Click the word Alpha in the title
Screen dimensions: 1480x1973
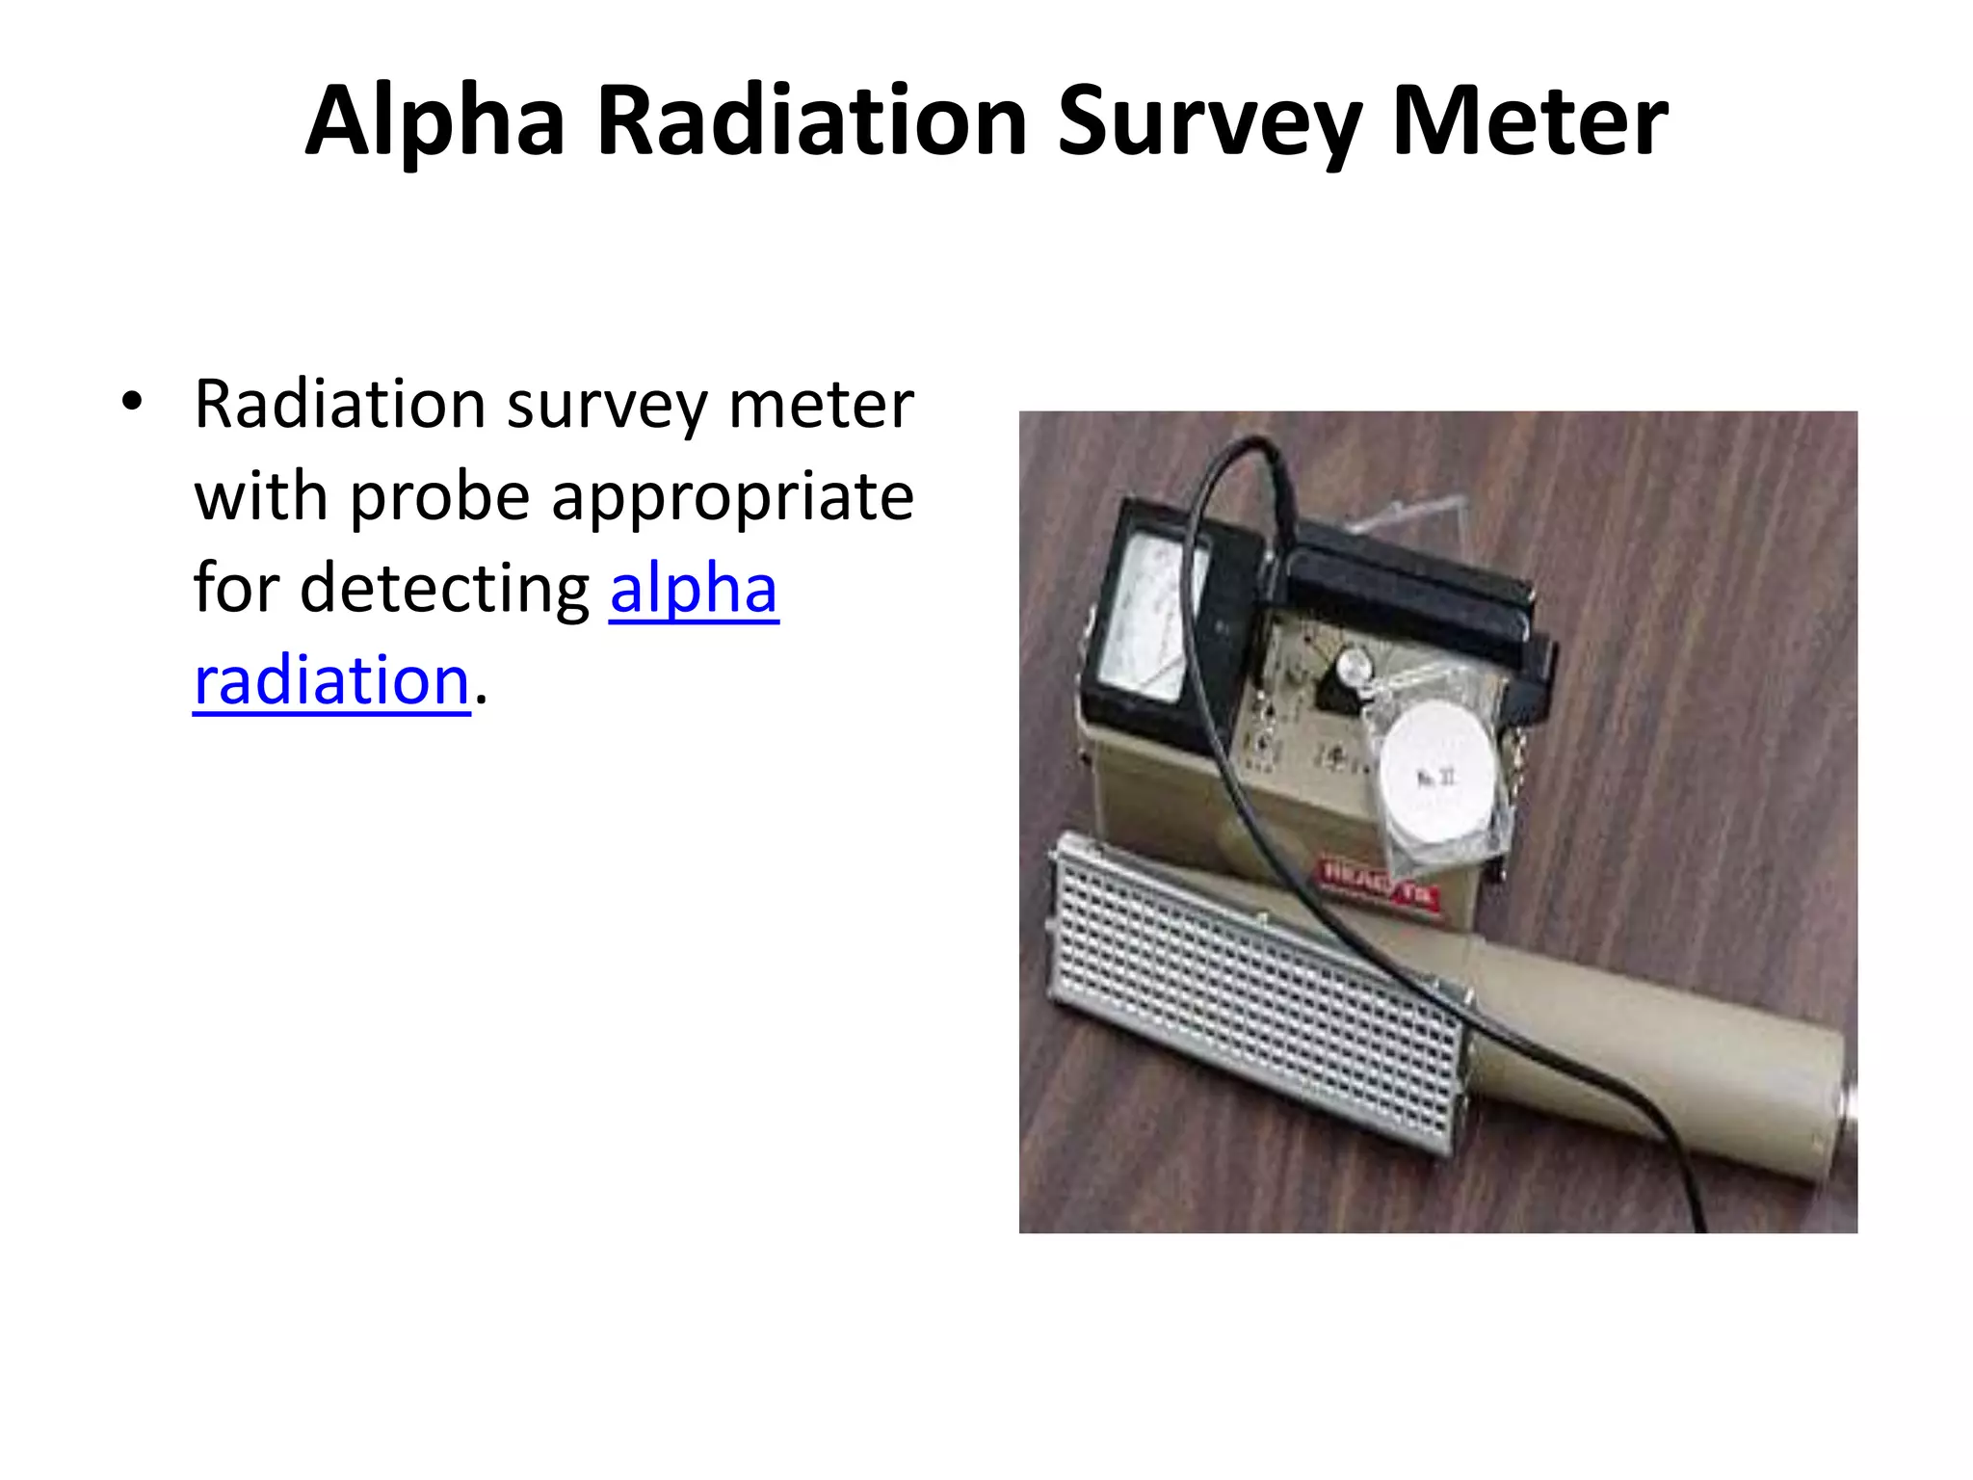[434, 121]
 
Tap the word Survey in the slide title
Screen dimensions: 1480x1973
[1209, 121]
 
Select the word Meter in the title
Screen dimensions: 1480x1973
[1530, 121]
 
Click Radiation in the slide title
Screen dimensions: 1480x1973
[812, 121]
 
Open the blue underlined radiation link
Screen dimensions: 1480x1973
[331, 680]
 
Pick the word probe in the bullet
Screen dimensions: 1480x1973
[439, 497]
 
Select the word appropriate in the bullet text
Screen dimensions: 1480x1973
[732, 497]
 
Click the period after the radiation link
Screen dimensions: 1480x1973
[482, 700]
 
